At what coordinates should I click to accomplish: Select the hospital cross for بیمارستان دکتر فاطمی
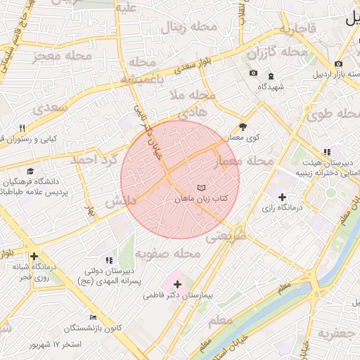pos(177,285)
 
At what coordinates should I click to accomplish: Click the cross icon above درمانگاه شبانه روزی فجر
pos(34,256)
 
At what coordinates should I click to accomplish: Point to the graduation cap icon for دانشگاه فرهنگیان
pos(30,171)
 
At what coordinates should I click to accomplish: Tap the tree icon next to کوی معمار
pos(243,127)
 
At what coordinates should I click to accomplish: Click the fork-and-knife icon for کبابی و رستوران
pos(22,127)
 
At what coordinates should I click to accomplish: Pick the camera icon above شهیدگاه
pos(253,74)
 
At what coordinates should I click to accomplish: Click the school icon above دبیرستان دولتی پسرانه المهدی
pos(109,260)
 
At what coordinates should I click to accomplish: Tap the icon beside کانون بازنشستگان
pos(92,317)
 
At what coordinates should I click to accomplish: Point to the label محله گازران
pos(277,52)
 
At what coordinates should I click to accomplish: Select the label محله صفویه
pos(164,253)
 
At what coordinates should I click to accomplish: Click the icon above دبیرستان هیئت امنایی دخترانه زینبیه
pos(326,152)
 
